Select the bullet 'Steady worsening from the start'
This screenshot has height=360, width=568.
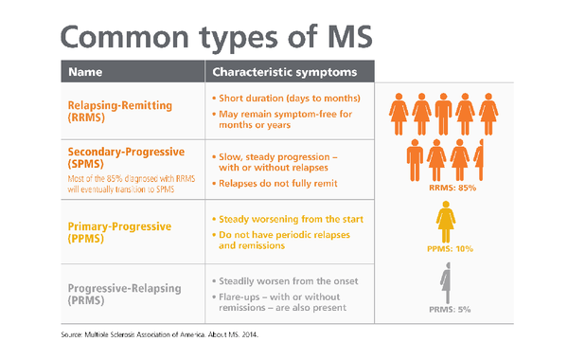(288, 220)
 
